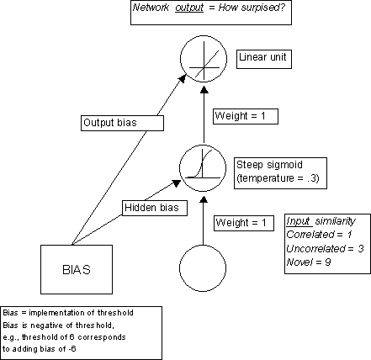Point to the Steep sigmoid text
[x=269, y=165]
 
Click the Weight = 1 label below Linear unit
[x=246, y=116]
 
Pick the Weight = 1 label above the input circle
[x=244, y=223]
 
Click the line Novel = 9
[x=309, y=262]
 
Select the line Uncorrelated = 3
[x=325, y=249]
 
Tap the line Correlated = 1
[x=319, y=235]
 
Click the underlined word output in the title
[x=189, y=8]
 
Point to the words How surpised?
[x=252, y=8]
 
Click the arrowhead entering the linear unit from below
[x=204, y=89]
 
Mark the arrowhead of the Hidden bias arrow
[x=177, y=183]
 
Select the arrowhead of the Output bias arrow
[x=183, y=79]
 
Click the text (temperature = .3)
[x=278, y=178]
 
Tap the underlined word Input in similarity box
[x=298, y=221]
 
